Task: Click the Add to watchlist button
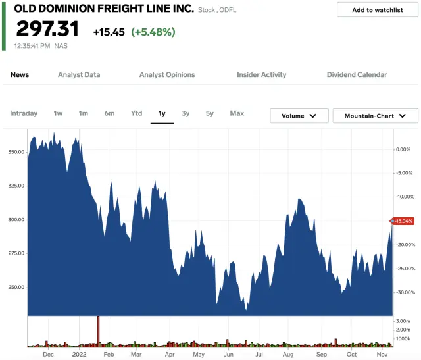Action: point(377,10)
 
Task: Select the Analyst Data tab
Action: point(79,75)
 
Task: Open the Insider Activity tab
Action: point(261,75)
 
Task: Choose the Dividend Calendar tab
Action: point(357,75)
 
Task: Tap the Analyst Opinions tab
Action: point(167,75)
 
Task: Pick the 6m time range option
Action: point(109,113)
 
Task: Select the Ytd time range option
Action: point(136,113)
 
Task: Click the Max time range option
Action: point(237,113)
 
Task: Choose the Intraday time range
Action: point(24,113)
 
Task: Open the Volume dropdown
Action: point(299,116)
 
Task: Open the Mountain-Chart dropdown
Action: point(375,116)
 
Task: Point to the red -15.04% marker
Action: point(403,221)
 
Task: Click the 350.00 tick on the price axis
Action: point(16,152)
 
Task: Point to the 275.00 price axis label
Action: point(16,253)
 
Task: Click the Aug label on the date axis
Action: point(288,354)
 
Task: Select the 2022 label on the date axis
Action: point(79,354)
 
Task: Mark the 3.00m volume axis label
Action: point(403,321)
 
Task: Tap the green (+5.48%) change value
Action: point(153,32)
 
